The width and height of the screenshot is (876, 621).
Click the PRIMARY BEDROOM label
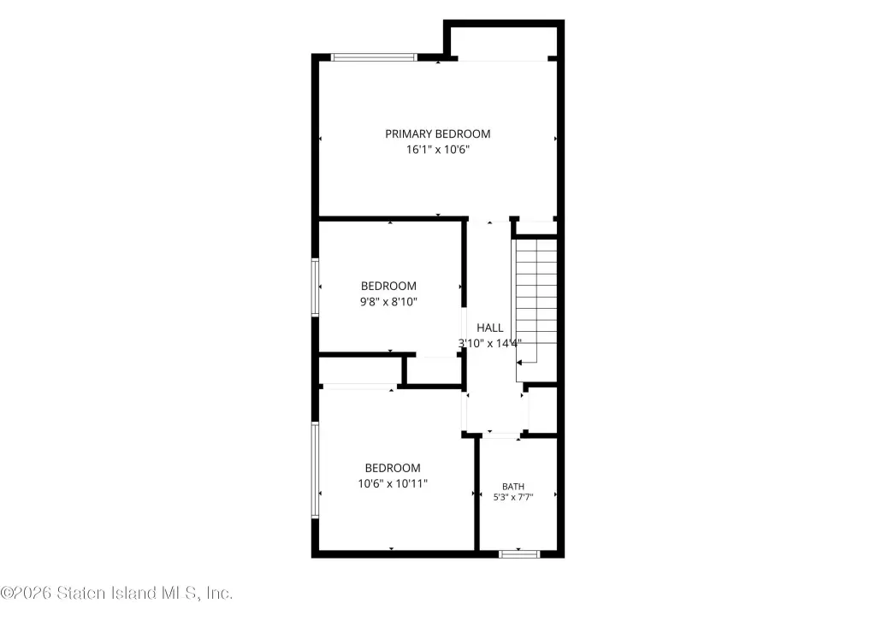click(x=437, y=134)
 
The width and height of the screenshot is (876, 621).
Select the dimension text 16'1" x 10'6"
click(x=437, y=150)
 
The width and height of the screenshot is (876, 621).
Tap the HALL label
click(x=489, y=328)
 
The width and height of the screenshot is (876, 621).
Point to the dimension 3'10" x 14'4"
click(x=490, y=344)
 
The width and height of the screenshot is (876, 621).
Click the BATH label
click(x=513, y=487)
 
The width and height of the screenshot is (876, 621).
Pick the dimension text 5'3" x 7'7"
click(x=513, y=497)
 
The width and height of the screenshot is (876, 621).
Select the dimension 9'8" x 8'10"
click(x=388, y=302)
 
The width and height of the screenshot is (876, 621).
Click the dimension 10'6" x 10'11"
click(x=392, y=483)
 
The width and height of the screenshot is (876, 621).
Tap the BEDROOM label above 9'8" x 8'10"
click(x=388, y=286)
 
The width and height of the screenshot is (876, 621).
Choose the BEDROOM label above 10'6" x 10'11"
click(x=392, y=468)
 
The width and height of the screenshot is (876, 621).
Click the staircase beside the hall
click(x=536, y=302)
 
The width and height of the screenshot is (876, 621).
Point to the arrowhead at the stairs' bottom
click(x=519, y=363)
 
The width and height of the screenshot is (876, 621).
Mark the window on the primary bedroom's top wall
click(x=374, y=57)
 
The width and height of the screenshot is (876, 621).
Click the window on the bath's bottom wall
click(x=519, y=554)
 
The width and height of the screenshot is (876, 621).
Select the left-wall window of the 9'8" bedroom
click(x=315, y=287)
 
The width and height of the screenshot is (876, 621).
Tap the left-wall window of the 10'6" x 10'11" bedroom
click(x=315, y=470)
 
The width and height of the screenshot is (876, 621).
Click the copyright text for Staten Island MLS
click(x=116, y=593)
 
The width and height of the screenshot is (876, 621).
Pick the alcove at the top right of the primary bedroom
click(x=504, y=42)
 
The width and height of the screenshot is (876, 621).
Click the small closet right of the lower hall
click(x=542, y=410)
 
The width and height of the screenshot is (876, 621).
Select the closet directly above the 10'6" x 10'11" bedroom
click(x=360, y=370)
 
